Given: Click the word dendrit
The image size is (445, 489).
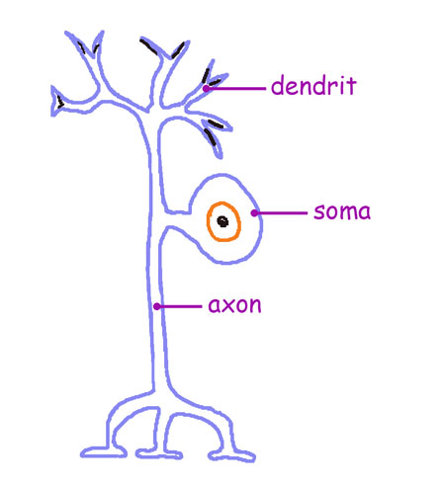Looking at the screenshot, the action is pyautogui.click(x=313, y=85).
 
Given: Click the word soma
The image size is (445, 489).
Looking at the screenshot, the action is pyautogui.click(x=342, y=211).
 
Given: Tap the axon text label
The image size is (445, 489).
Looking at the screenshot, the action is pyautogui.click(x=234, y=305).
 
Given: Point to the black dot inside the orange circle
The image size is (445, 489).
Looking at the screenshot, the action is pyautogui.click(x=222, y=221).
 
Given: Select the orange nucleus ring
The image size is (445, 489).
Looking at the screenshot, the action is pyautogui.click(x=208, y=221).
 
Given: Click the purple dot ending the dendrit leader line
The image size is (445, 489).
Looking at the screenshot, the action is pyautogui.click(x=206, y=88).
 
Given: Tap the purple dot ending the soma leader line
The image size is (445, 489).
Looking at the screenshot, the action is pyautogui.click(x=254, y=213).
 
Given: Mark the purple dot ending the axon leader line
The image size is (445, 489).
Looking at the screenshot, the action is pyautogui.click(x=157, y=306).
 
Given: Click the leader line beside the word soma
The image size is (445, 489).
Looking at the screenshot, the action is pyautogui.click(x=281, y=213).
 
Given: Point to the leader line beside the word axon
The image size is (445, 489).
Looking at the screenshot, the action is pyautogui.click(x=180, y=306).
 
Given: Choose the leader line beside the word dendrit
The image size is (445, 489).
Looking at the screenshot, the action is pyautogui.click(x=236, y=88).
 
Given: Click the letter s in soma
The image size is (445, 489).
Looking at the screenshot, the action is pyautogui.click(x=319, y=211).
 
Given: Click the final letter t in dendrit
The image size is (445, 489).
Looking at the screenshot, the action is pyautogui.click(x=351, y=86).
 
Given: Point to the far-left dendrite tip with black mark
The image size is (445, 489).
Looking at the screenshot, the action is pyautogui.click(x=56, y=101).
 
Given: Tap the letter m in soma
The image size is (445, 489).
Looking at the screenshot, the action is pyautogui.click(x=348, y=211).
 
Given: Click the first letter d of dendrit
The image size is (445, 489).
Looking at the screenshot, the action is pyautogui.click(x=278, y=86).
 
